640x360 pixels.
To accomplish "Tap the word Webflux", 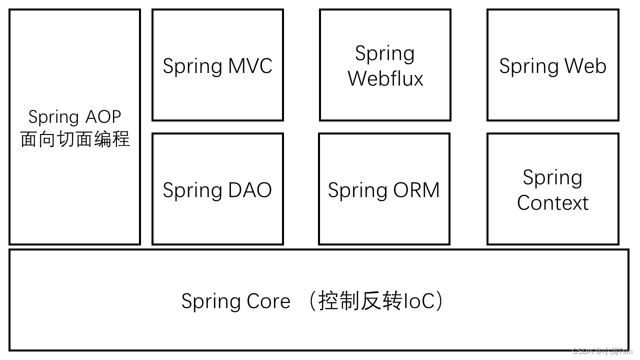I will click(385, 78).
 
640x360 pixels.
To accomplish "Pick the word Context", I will click(552, 203).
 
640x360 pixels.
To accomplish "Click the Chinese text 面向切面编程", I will click(75, 139).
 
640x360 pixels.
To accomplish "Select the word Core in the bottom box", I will click(268, 301).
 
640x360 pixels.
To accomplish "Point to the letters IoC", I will click(418, 301).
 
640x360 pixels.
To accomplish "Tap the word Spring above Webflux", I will click(385, 54).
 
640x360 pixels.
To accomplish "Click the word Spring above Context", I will click(552, 178).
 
